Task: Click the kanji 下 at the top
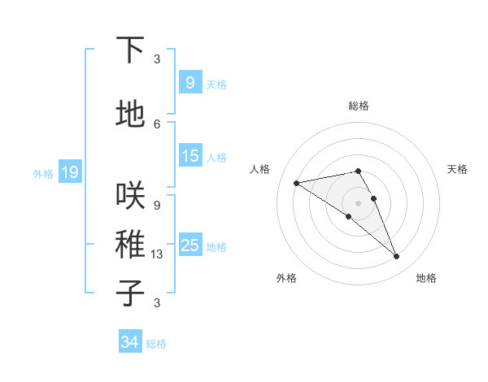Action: (x=130, y=50)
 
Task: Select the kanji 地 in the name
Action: (x=130, y=115)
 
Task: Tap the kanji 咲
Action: (x=130, y=196)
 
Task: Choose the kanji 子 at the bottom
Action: (x=130, y=293)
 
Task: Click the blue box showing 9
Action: (x=190, y=83)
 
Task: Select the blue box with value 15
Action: (x=190, y=156)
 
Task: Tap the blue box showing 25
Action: (x=190, y=245)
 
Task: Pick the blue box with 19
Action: (x=69, y=172)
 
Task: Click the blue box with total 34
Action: (x=129, y=342)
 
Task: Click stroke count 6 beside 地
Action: (x=156, y=124)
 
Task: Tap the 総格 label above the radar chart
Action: (x=358, y=106)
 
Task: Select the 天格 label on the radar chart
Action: (x=457, y=169)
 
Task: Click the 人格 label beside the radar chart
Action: (x=259, y=169)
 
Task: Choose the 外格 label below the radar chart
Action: (x=286, y=278)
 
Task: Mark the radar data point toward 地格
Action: (x=397, y=257)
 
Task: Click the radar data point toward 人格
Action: (x=297, y=183)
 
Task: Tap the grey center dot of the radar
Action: (x=358, y=202)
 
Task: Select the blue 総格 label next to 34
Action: (x=156, y=344)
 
